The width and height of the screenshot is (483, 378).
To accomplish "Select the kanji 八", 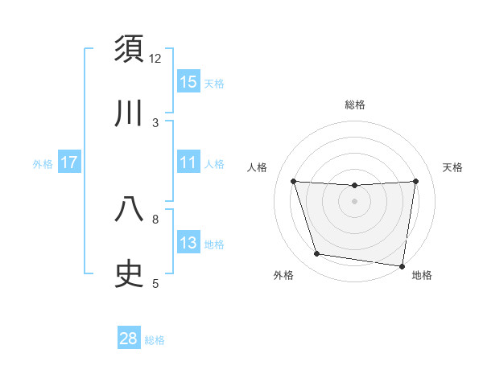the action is tap(130, 209).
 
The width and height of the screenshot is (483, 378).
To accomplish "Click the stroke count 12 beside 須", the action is tap(155, 58).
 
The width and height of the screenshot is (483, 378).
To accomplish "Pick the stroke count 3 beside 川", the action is tap(155, 122).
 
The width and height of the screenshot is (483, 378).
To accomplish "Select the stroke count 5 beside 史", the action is tap(155, 283).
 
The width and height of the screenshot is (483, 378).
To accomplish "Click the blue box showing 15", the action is tap(188, 82).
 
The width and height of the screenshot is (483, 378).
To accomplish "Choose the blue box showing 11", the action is tap(188, 162).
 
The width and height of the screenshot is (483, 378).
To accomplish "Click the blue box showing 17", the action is tap(69, 162).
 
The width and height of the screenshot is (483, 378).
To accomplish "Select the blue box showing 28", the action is tap(129, 339).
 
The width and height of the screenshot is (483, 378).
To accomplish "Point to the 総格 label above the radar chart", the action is tap(355, 105).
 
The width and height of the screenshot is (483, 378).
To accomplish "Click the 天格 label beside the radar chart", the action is tap(453, 167).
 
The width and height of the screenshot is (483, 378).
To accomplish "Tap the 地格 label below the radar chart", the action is tap(422, 275).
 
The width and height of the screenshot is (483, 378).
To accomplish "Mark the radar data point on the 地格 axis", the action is tap(402, 265).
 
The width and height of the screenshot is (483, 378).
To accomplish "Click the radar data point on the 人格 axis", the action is tap(294, 182).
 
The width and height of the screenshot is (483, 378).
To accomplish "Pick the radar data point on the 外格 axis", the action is tap(317, 254).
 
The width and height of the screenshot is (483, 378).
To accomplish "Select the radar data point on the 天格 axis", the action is tap(415, 182).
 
